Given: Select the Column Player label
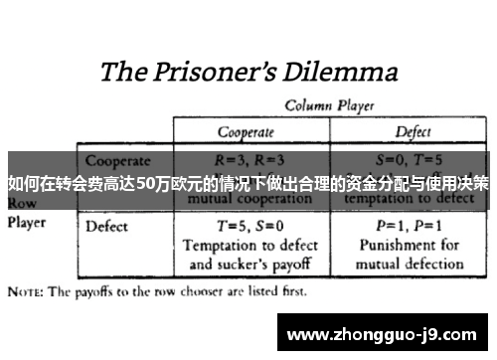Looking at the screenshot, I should click(331, 104).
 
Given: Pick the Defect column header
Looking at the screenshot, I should click(414, 131).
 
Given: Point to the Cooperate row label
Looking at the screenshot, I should click(117, 160).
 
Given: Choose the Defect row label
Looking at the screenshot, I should click(107, 226).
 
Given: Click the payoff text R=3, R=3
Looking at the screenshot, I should click(249, 159).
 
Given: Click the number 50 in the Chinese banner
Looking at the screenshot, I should click(145, 183).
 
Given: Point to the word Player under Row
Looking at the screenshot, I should click(28, 223).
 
